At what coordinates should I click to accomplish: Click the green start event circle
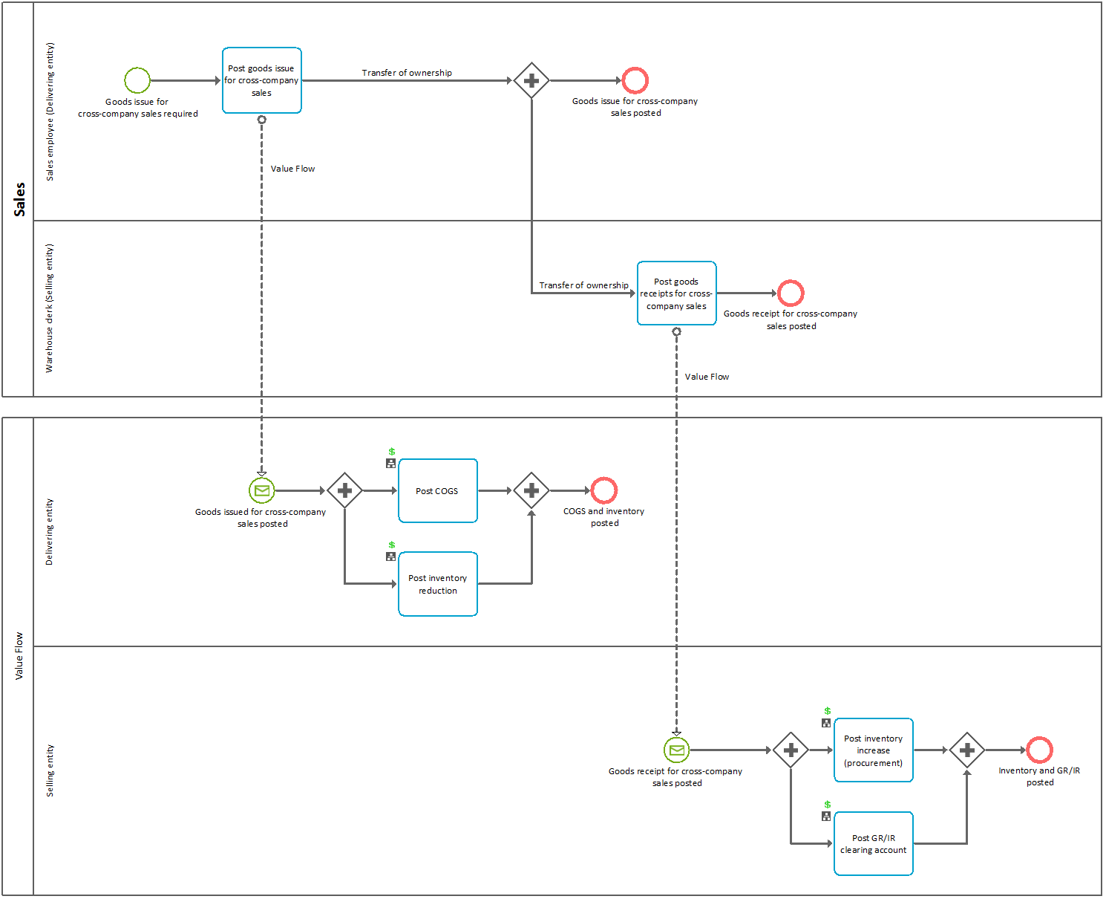(x=137, y=80)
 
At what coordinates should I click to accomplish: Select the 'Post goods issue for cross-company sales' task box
(x=262, y=80)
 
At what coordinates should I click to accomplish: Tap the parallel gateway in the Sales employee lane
(x=531, y=80)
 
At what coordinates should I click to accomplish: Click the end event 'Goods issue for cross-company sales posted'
(x=635, y=80)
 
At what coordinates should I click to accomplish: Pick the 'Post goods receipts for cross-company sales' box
(x=676, y=293)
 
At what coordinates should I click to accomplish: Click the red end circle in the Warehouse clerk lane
(x=791, y=293)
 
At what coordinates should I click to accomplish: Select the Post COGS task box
(x=437, y=491)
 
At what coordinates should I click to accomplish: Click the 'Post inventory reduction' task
(x=437, y=584)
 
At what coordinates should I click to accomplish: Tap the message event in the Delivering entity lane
(x=262, y=490)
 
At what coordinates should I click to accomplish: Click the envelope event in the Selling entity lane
(x=676, y=750)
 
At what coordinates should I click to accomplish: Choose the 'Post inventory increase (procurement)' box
(x=873, y=750)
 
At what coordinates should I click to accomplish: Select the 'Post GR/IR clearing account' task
(x=873, y=844)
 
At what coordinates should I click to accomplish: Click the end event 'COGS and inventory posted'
(x=604, y=490)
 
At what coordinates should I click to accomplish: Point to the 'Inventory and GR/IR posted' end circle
(x=1039, y=750)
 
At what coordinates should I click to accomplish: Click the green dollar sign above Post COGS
(x=392, y=452)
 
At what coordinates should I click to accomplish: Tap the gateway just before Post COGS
(x=344, y=490)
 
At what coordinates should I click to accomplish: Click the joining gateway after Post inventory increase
(x=966, y=750)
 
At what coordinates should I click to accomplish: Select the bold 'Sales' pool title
(x=19, y=199)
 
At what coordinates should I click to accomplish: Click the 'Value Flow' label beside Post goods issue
(x=292, y=169)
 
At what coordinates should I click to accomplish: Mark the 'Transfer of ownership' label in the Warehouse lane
(x=583, y=285)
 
